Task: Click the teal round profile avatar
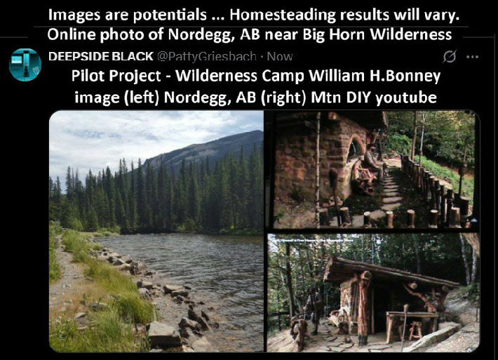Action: pos(25,65)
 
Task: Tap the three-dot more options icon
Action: pos(472,58)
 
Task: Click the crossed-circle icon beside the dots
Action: pos(450,57)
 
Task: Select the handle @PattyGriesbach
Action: pos(207,57)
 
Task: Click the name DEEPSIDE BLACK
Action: pos(101,57)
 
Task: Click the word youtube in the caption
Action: pos(406,98)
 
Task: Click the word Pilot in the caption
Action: pos(84,76)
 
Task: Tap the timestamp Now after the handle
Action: pos(279,57)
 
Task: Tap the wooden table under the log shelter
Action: pos(412,321)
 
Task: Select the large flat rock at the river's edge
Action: pos(163,335)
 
